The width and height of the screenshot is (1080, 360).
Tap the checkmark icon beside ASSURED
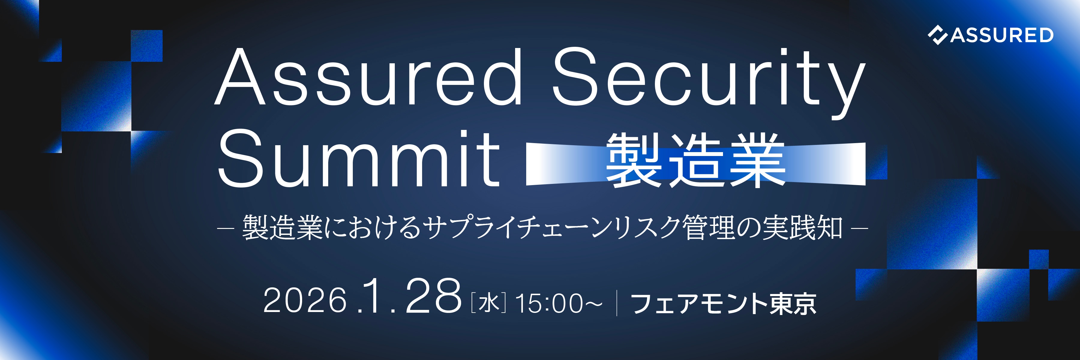pos(937,35)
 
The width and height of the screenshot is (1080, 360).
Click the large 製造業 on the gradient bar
pos(695,160)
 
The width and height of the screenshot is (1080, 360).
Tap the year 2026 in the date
pos(305,301)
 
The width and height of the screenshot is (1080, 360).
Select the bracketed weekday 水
pos(488,303)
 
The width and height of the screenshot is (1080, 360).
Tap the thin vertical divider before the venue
pos(617,303)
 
